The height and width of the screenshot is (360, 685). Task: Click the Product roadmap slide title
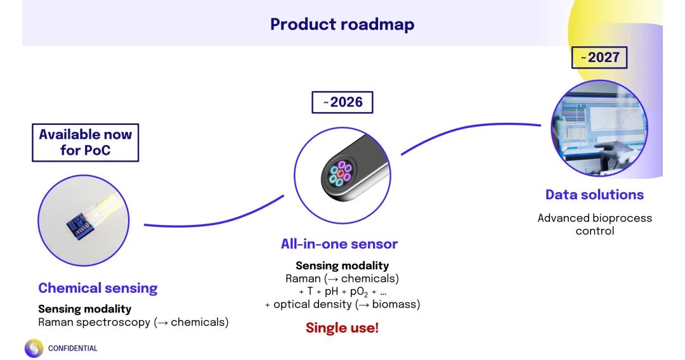(342, 25)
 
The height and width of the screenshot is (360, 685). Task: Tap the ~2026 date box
(342, 102)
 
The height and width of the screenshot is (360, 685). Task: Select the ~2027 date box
(599, 58)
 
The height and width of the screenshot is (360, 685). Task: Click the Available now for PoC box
(85, 143)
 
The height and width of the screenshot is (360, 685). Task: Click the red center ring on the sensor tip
(341, 174)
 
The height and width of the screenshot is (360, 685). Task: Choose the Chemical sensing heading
(98, 288)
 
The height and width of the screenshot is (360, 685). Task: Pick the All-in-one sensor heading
(339, 244)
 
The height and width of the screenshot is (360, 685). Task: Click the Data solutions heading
(594, 195)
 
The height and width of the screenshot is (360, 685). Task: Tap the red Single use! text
(342, 328)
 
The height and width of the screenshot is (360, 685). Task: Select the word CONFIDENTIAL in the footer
(72, 348)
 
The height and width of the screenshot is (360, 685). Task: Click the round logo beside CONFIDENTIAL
(34, 348)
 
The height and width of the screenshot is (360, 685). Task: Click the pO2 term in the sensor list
(359, 292)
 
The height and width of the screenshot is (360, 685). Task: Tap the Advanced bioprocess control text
(594, 224)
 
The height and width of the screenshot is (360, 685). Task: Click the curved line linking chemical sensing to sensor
(215, 221)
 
